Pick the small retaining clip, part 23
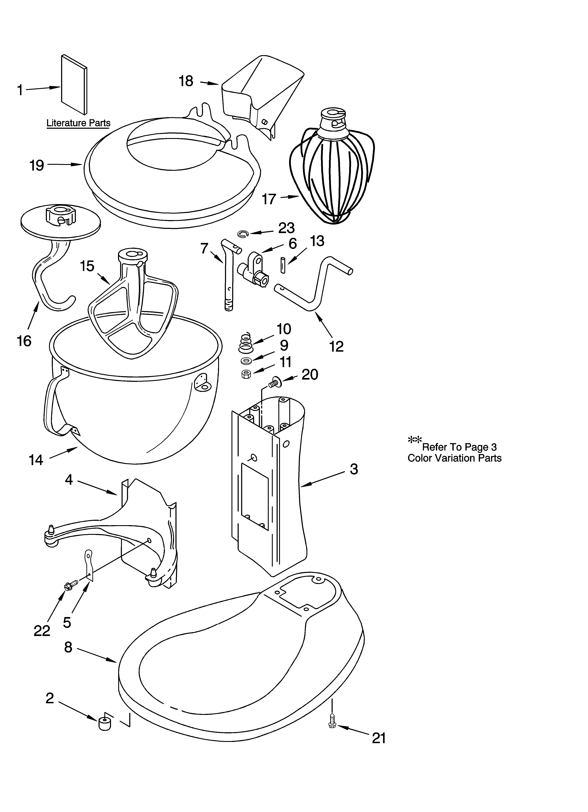pos(242,234)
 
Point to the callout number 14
pos(36,460)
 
